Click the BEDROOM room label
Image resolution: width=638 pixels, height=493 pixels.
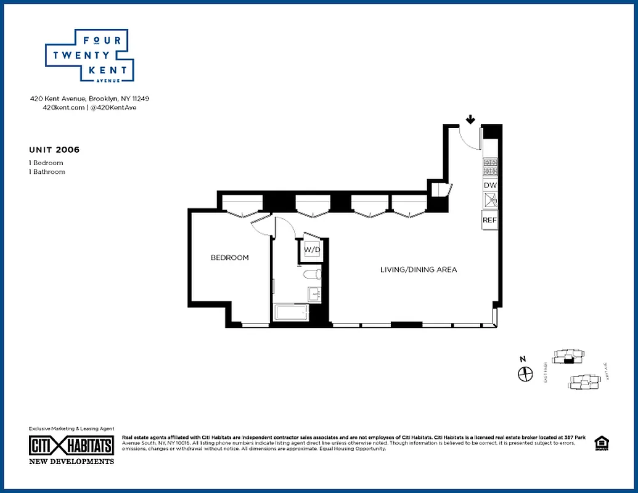click(229, 258)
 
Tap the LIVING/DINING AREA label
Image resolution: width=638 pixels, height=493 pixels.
click(418, 270)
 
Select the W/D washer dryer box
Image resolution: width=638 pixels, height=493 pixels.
click(313, 250)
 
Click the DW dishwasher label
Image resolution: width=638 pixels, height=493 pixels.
click(490, 185)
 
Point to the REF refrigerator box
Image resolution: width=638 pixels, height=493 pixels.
click(489, 220)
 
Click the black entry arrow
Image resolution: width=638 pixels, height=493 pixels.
click(470, 119)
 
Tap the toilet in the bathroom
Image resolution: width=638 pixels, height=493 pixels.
click(311, 274)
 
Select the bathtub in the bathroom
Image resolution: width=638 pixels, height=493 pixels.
click(292, 312)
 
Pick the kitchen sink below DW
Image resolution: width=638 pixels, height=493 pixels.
click(490, 200)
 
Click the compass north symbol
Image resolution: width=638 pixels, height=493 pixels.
click(525, 373)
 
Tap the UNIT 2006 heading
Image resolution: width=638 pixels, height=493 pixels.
click(54, 150)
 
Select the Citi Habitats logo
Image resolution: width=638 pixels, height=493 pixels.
click(72, 446)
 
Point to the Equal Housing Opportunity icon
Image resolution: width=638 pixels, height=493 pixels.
click(600, 443)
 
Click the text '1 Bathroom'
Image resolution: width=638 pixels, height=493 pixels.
click(47, 172)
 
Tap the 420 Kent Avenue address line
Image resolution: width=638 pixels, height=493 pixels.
click(90, 99)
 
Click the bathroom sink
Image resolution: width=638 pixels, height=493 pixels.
click(314, 294)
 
